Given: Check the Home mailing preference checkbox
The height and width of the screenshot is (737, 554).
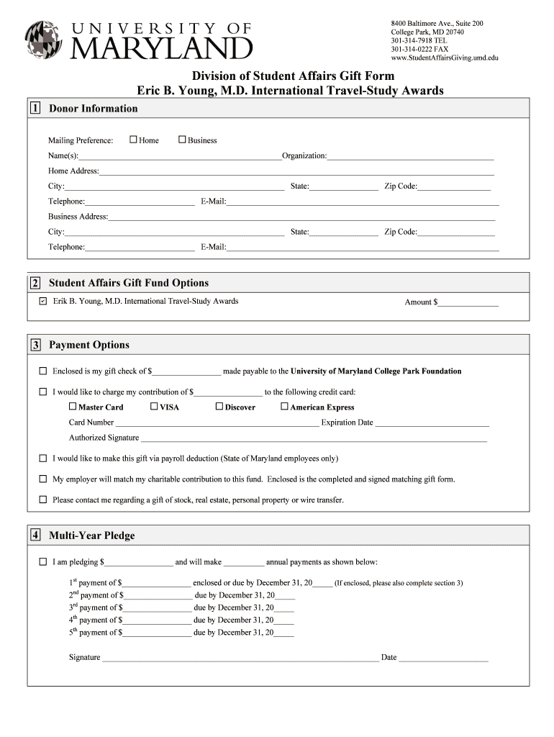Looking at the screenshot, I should tap(133, 140).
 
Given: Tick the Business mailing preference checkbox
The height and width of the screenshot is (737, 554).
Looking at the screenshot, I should tap(182, 140).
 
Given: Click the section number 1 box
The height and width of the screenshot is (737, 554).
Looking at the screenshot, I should tap(35, 109).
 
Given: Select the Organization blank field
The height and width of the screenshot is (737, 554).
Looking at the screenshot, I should tap(410, 156).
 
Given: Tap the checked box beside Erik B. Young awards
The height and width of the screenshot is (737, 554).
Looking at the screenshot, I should tap(42, 302).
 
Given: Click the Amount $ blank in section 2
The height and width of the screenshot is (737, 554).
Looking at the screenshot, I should tap(468, 303).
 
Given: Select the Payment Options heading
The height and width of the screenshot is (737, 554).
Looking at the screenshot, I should tap(89, 345).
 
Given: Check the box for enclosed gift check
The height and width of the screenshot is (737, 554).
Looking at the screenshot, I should tap(42, 371).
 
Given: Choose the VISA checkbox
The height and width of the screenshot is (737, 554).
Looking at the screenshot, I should tap(154, 407).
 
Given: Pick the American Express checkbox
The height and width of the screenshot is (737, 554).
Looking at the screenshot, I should tap(284, 407).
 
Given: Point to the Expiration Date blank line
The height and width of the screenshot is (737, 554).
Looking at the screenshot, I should tap(432, 423).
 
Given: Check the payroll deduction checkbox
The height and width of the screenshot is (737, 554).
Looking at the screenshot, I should tap(42, 458).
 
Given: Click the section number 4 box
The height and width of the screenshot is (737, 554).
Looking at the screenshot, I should tap(35, 535).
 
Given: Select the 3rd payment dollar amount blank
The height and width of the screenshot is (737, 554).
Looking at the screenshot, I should tap(157, 608).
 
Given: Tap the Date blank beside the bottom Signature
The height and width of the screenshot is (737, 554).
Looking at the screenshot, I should tap(443, 658).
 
